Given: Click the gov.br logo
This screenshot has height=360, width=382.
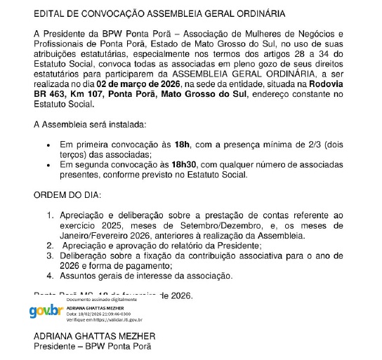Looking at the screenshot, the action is coord(46,311).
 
